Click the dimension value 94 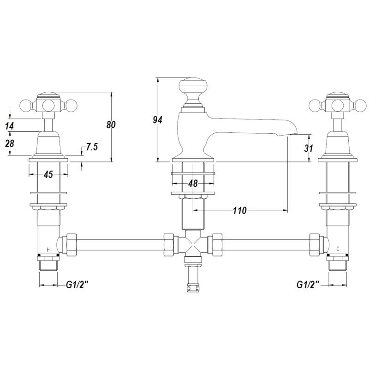(157, 120)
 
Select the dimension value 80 (111, 125)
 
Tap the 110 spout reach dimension (239, 210)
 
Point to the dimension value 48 (193, 184)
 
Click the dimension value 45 (48, 174)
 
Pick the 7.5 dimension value (91, 147)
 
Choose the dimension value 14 (10, 126)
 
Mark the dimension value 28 (10, 143)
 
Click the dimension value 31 (309, 148)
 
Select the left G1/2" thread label (77, 285)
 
